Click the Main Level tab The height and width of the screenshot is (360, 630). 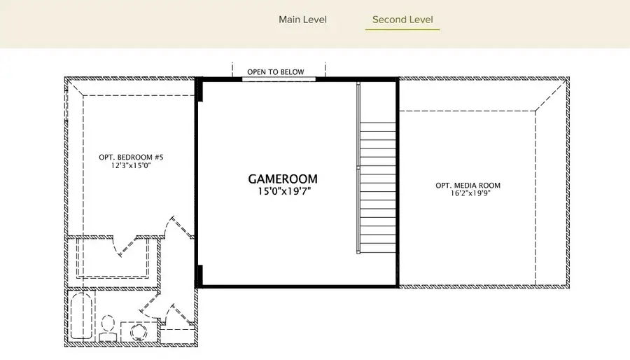click(x=302, y=20)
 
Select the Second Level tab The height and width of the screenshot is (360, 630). click(x=402, y=20)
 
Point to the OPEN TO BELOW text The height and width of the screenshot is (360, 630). click(x=275, y=72)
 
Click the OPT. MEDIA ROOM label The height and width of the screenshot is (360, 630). click(x=468, y=186)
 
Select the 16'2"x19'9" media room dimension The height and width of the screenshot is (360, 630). click(x=468, y=194)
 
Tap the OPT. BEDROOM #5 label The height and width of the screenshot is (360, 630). click(x=131, y=157)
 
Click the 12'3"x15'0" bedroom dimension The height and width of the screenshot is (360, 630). click(x=131, y=165)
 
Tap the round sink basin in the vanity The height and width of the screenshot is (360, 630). click(x=134, y=331)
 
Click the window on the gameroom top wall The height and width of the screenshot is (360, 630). click(x=279, y=79)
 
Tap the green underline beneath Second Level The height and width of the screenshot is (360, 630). click(x=402, y=29)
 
